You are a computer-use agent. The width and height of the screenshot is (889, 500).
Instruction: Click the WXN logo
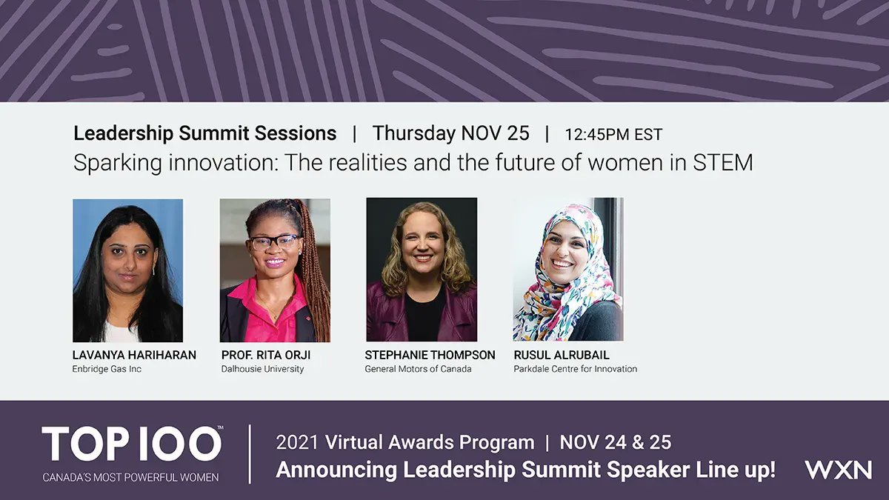coord(838,470)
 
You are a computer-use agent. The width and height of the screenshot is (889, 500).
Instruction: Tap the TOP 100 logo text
coord(132,444)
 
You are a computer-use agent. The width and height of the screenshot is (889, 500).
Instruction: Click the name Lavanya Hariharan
coord(134,355)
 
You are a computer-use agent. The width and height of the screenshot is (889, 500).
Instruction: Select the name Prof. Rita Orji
coord(266,355)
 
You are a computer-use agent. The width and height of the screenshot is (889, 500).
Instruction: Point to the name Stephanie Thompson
coord(430,355)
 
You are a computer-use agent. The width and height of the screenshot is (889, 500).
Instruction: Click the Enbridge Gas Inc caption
coord(107,369)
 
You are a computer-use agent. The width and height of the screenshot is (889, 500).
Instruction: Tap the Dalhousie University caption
coord(262,369)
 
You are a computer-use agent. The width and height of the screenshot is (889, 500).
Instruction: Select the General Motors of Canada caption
coord(418,369)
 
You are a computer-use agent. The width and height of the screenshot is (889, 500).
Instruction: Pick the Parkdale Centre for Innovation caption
coord(575,369)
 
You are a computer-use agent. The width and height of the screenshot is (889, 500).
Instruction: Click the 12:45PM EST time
coord(613,135)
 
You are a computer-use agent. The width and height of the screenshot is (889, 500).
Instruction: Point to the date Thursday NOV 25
coord(450,133)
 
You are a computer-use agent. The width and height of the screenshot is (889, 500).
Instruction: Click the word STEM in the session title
coord(722,162)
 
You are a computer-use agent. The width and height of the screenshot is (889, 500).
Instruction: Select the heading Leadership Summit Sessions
coord(204,133)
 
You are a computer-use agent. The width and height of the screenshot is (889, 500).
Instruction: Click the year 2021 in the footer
coord(297,443)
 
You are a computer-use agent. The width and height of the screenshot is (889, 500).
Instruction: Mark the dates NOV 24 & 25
coord(616,443)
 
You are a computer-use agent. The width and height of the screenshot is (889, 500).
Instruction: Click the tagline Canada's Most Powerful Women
coord(130,478)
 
